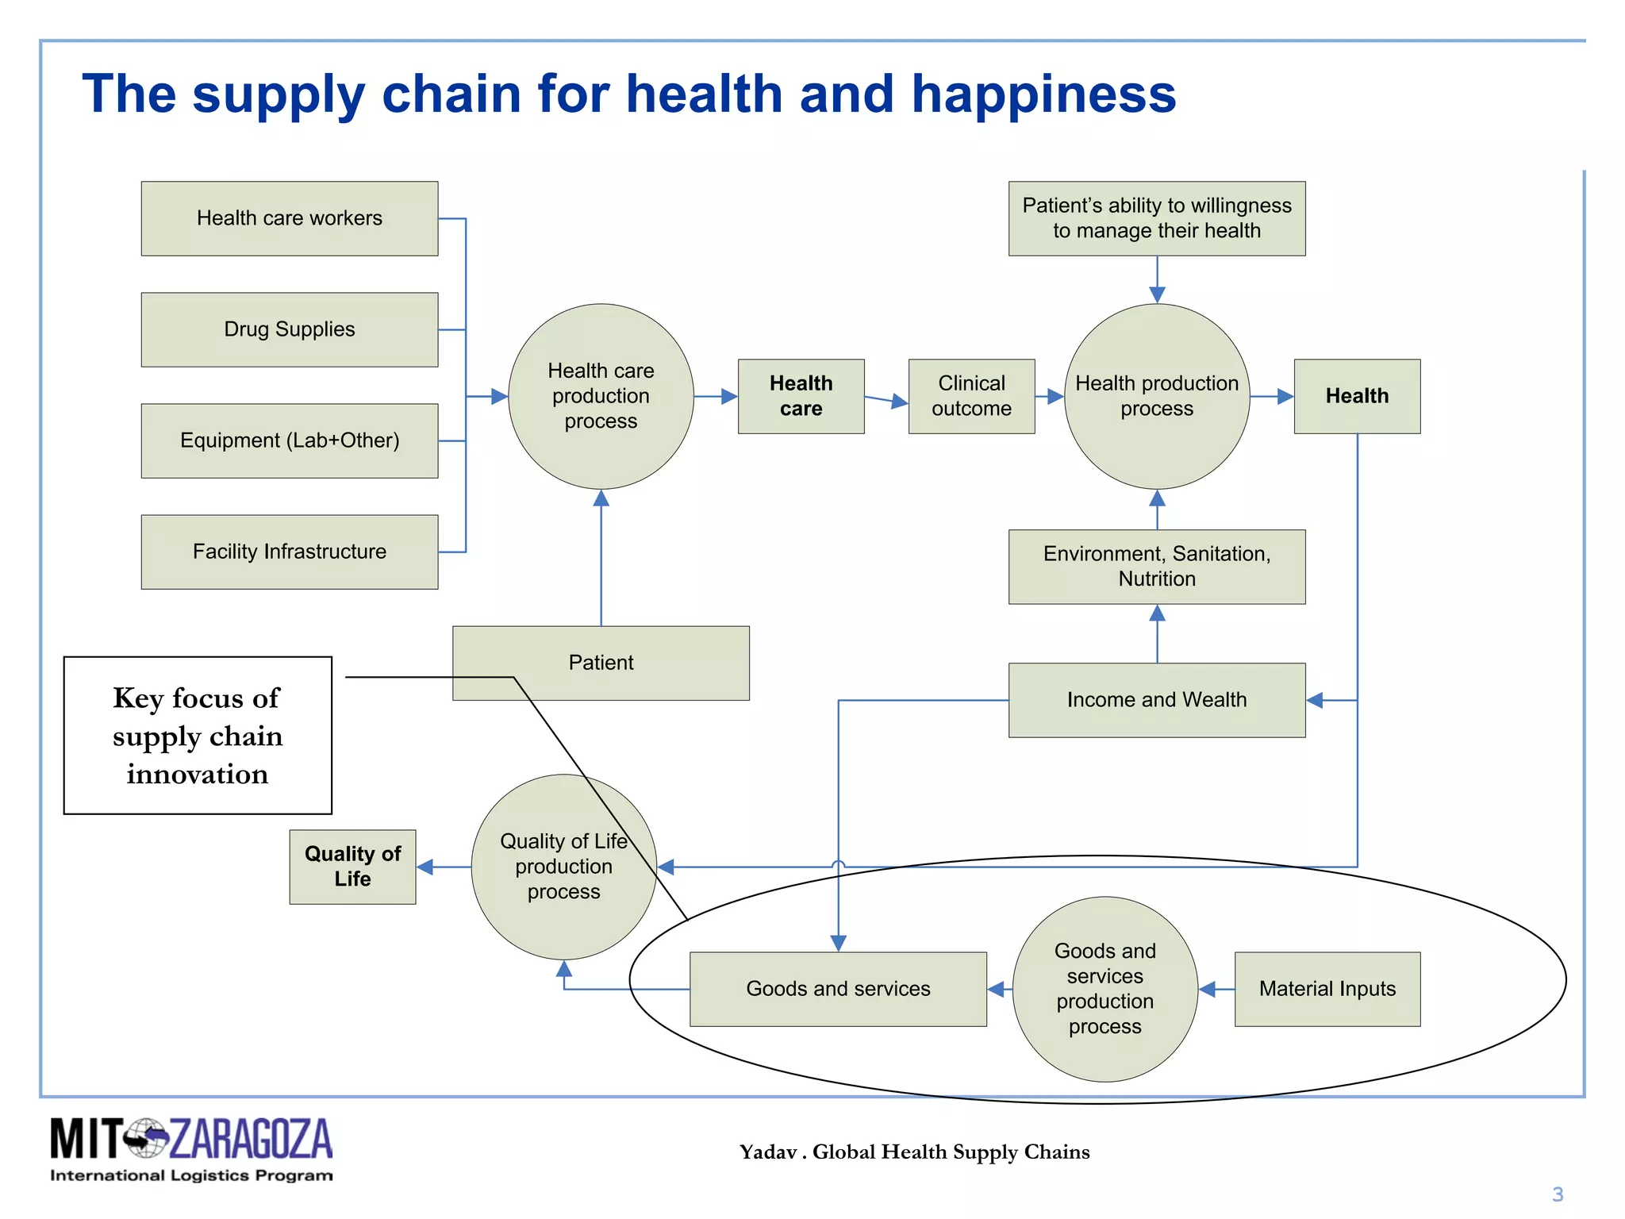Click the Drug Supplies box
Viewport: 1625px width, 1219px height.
point(290,329)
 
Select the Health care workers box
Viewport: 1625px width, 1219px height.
point(290,218)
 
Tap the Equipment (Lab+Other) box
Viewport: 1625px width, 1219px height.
point(290,440)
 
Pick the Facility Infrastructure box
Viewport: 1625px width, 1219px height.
point(290,552)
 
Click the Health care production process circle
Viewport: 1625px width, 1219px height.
point(601,396)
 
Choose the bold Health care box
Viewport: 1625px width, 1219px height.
point(801,396)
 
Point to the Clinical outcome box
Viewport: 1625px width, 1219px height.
point(971,396)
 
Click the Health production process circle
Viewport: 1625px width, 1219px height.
point(1157,396)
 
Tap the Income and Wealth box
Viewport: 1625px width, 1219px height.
point(1157,700)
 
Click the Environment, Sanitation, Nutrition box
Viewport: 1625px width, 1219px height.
point(1157,567)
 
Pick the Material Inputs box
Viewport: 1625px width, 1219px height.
point(1327,989)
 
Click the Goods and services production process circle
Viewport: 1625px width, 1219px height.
point(1104,989)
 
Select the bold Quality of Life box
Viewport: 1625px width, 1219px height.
point(352,867)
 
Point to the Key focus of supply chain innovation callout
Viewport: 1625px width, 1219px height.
point(198,736)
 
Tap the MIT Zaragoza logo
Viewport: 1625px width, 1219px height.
point(191,1148)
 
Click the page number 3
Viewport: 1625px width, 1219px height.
point(1558,1194)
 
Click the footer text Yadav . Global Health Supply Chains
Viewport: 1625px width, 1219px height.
point(914,1152)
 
